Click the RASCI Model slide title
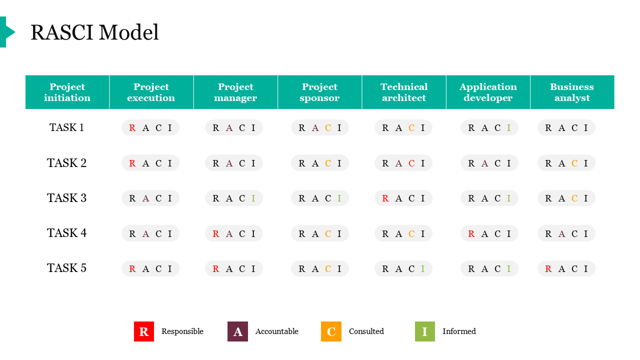coord(94,32)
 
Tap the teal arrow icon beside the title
coord(7,32)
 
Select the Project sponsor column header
coord(319,92)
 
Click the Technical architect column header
coord(404,92)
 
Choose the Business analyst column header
coord(572,92)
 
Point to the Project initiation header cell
coord(67,92)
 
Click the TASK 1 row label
coord(66,127)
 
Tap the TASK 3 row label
coord(66,198)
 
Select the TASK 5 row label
coord(66,268)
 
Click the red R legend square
coord(144,331)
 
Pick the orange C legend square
coord(331,331)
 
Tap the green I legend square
coord(425,331)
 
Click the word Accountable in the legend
coord(277,331)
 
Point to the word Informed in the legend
coord(459,331)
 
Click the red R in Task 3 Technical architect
coord(385,198)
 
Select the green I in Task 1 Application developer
coord(509,127)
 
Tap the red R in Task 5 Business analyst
coord(548,269)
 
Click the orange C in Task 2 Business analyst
coord(574,163)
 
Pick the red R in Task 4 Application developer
coord(471,233)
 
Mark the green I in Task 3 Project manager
coord(253,198)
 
